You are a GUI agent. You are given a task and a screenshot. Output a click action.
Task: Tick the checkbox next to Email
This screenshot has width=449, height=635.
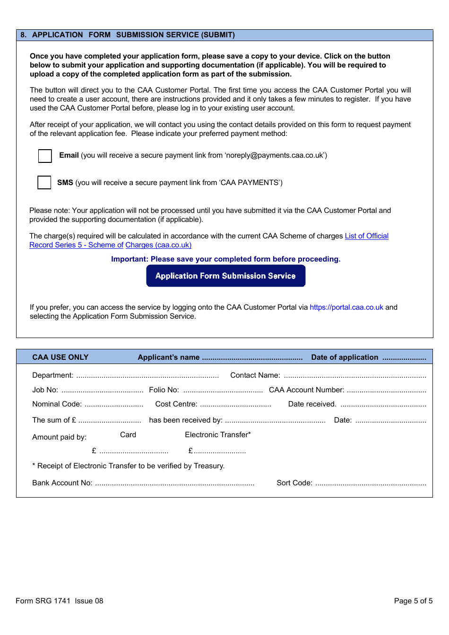[x=45, y=156]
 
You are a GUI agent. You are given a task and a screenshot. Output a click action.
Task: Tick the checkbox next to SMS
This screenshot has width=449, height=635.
[x=44, y=183]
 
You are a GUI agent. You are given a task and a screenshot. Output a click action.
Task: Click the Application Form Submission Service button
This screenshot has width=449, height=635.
[x=225, y=276]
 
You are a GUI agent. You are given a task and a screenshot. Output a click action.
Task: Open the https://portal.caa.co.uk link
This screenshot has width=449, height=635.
[x=346, y=307]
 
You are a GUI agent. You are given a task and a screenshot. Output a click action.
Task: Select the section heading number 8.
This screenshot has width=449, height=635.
[x=24, y=35]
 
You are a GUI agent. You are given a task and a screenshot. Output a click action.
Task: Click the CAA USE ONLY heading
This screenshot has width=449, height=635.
[x=60, y=357]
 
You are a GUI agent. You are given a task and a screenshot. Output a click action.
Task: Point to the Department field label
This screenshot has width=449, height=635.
[x=52, y=375]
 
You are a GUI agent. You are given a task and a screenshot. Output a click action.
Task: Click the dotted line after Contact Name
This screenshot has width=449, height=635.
[x=354, y=376]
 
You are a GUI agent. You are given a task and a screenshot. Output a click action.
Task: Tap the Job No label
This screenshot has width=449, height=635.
[x=45, y=390]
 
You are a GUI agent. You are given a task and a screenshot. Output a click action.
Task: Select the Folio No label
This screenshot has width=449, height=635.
[x=164, y=390]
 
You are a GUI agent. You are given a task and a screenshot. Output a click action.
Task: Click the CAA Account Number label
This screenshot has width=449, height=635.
[x=306, y=390]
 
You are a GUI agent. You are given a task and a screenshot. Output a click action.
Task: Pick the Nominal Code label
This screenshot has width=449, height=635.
[x=57, y=404]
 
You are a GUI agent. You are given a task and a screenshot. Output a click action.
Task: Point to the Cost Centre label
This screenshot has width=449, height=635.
[x=176, y=404]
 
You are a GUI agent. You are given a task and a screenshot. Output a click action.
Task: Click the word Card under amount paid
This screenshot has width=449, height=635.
[x=128, y=435]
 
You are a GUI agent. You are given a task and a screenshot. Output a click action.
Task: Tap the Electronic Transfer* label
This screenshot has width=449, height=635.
[x=217, y=435]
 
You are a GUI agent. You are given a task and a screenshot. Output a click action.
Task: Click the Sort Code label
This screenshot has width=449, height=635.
[x=294, y=483]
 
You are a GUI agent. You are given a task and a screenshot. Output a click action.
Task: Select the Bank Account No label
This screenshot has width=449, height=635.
[x=62, y=483]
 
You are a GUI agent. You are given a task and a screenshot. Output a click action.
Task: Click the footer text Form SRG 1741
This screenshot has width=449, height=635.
[x=43, y=601]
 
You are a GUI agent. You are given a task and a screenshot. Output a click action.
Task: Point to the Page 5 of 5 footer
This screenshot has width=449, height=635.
[x=413, y=601]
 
